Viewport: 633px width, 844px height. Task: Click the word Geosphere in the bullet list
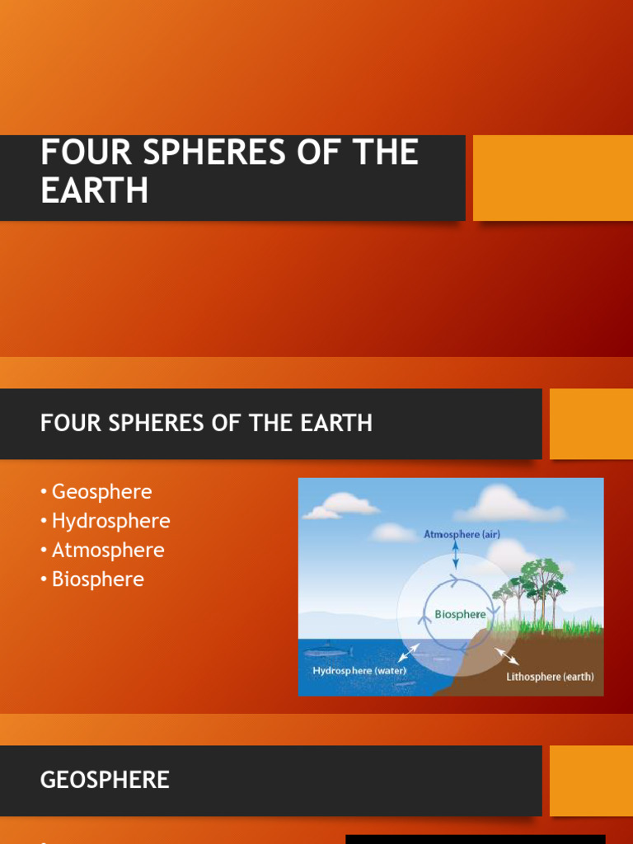(x=101, y=492)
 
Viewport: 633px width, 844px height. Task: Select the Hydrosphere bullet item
(x=110, y=521)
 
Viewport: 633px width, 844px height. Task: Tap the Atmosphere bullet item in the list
(x=108, y=550)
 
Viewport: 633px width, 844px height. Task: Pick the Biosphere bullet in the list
(x=97, y=579)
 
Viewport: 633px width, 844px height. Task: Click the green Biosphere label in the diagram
(x=460, y=614)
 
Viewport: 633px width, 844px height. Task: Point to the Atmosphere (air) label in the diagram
(x=462, y=534)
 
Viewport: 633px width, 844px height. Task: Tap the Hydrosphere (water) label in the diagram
(x=359, y=671)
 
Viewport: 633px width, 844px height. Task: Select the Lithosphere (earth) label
(x=550, y=677)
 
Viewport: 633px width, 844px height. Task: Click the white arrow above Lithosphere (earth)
(x=506, y=655)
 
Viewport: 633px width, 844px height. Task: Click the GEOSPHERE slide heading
(x=105, y=780)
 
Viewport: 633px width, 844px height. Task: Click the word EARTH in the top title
(x=94, y=190)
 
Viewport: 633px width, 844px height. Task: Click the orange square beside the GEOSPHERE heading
(x=591, y=781)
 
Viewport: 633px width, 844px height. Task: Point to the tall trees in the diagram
(x=536, y=585)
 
